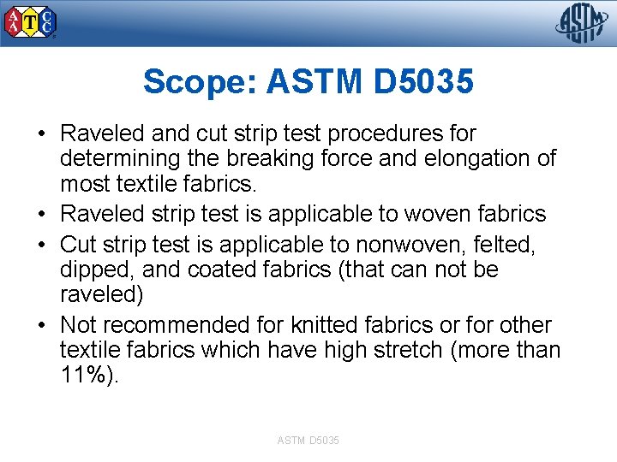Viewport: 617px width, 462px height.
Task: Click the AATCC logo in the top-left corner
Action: [31, 23]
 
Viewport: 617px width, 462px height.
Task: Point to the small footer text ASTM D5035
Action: [308, 440]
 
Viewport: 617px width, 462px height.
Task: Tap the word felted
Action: [506, 246]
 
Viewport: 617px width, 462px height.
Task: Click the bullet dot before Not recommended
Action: [41, 325]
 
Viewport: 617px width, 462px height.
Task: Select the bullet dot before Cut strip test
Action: [41, 246]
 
